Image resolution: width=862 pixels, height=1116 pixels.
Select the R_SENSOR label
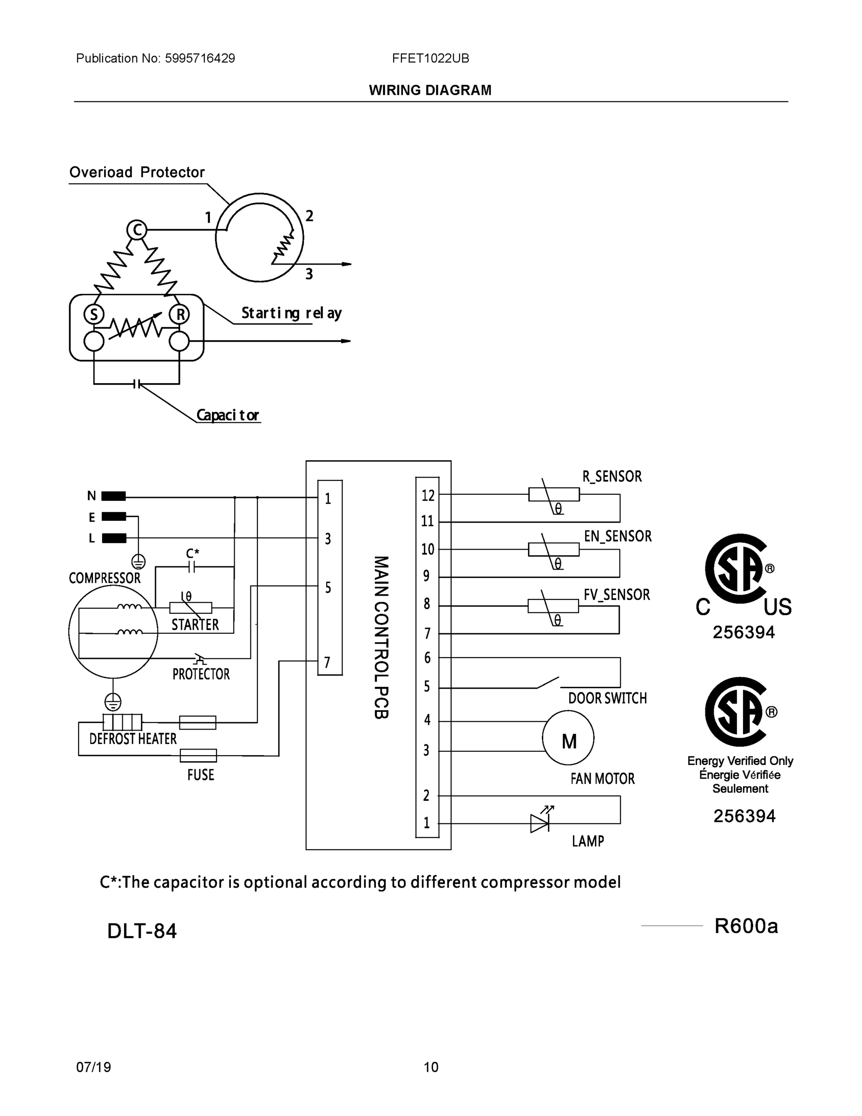612,476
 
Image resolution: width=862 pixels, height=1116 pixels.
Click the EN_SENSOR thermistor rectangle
553,549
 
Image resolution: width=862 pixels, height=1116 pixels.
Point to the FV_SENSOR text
616,594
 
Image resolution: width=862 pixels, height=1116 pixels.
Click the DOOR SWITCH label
607,698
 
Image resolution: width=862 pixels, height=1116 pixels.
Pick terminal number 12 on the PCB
428,495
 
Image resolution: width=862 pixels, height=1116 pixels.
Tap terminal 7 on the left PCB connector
327,662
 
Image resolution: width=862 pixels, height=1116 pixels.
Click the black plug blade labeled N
113,496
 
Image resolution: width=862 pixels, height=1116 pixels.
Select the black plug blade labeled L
114,538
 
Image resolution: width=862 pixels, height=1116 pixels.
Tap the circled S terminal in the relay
94,314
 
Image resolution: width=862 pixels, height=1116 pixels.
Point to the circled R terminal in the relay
180,314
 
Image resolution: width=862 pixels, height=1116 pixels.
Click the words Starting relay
291,313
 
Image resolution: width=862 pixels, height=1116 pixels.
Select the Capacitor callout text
228,415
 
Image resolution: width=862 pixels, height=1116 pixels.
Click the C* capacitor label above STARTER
192,553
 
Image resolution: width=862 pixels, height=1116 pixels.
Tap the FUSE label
200,775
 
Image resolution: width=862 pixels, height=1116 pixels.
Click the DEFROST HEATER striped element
123,722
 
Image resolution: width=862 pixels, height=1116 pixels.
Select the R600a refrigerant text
745,925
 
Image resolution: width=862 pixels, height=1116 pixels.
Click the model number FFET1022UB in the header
430,58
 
